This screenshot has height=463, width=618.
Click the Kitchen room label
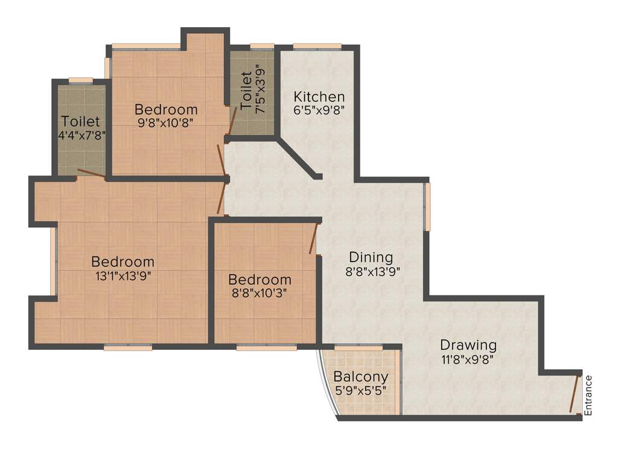tap(319, 96)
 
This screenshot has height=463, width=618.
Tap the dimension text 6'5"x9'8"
tap(319, 110)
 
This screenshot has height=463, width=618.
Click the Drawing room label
tap(468, 345)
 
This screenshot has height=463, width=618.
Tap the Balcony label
tap(361, 377)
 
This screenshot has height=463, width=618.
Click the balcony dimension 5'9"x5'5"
tap(361, 390)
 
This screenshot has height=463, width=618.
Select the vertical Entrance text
tap(589, 395)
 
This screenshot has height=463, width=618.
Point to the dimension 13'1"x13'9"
tap(123, 276)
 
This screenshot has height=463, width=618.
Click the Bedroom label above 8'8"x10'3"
tap(260, 280)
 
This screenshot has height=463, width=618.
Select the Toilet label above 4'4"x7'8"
tap(80, 122)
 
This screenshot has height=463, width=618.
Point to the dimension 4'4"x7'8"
tap(81, 136)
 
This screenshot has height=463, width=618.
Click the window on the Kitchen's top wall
tap(317, 46)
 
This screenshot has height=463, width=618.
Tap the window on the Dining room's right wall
tap(427, 207)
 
